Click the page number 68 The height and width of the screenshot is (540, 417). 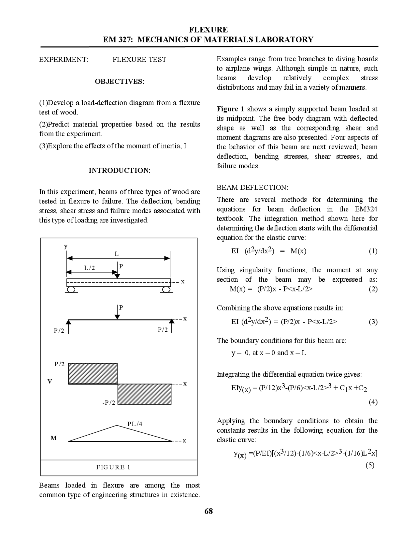tap(208, 511)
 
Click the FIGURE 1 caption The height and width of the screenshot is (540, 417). tap(113, 467)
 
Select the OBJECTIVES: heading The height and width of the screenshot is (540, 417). tap(120, 82)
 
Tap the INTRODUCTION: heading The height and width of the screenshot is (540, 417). tap(120, 171)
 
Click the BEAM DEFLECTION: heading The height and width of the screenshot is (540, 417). tap(252, 187)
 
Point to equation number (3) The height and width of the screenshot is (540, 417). tap(373, 322)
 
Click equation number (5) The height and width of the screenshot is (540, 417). tap(370, 465)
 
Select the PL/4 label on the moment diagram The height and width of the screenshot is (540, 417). tap(135, 424)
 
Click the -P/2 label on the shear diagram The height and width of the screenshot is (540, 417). tap(108, 403)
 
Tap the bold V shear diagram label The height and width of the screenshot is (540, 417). tap(50, 381)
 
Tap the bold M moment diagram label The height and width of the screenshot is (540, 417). tap(53, 438)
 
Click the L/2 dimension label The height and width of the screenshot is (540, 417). tap(90, 268)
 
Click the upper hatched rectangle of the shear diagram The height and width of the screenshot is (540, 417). tap(93, 373)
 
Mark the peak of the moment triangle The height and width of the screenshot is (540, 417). tap(117, 426)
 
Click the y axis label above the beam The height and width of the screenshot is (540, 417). tap(65, 246)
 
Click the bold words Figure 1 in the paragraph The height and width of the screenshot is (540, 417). tap(230, 109)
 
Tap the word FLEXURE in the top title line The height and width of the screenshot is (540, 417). tap(208, 30)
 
